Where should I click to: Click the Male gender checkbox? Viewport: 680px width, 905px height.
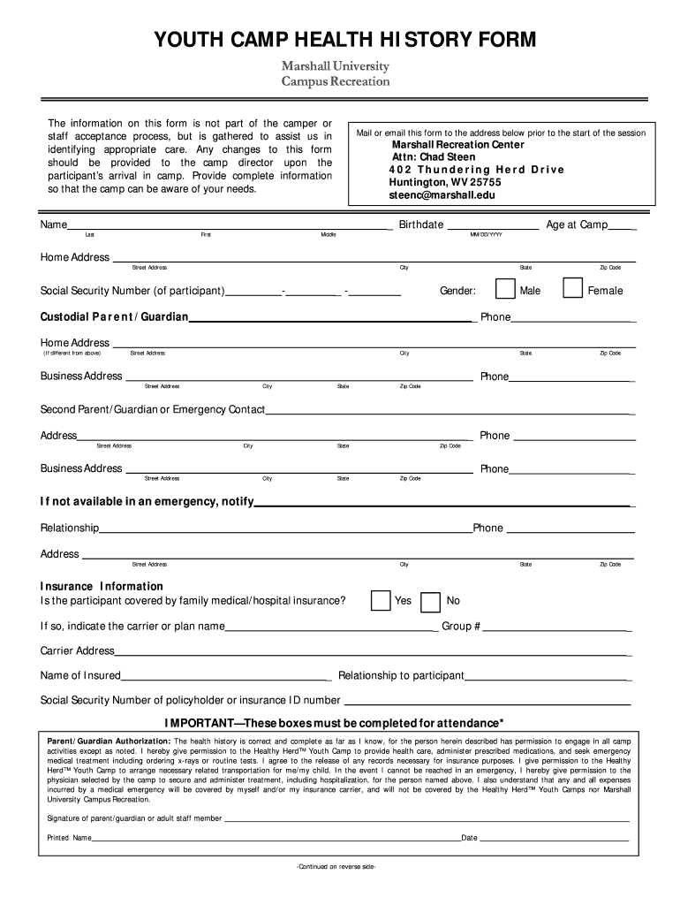pos(506,289)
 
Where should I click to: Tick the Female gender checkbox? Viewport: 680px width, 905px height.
pos(572,289)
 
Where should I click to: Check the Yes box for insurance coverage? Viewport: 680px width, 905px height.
pos(381,600)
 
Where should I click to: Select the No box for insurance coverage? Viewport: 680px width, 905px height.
pos(430,601)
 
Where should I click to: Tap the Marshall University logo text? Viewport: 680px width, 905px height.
pos(335,67)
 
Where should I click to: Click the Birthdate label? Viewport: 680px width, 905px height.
pos(420,224)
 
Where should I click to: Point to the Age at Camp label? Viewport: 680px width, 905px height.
pos(576,224)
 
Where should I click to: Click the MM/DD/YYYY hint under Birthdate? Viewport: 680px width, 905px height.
pos(486,235)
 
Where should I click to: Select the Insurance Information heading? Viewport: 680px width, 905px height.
pos(102,586)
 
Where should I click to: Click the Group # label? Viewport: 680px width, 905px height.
pos(461,626)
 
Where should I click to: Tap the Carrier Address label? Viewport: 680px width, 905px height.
pos(78,650)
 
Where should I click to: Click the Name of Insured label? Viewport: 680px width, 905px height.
pos(80,675)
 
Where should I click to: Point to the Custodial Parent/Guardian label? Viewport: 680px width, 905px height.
pos(114,316)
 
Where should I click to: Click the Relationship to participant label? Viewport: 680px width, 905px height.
pos(401,675)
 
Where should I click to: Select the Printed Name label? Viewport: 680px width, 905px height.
pos(70,837)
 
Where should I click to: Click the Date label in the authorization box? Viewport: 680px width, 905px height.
pos(469,837)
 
